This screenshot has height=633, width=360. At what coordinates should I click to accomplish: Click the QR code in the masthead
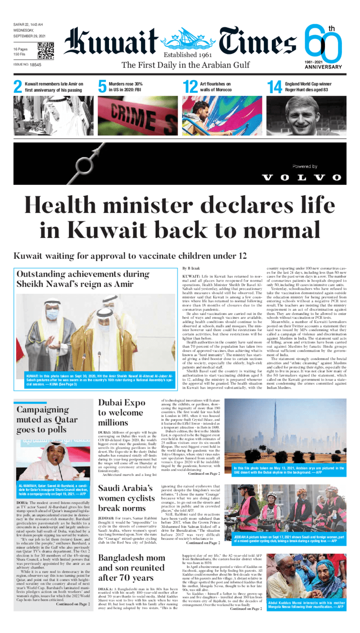click(45, 51)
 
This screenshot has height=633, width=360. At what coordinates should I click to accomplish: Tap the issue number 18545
click(33, 65)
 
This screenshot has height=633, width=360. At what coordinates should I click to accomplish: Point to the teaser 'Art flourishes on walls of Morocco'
click(215, 86)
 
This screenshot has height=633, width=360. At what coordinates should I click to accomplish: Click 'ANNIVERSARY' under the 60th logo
click(323, 67)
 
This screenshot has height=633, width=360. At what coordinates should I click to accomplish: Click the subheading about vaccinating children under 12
click(130, 256)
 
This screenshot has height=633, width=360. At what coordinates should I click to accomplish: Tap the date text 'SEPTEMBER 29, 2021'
click(29, 36)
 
